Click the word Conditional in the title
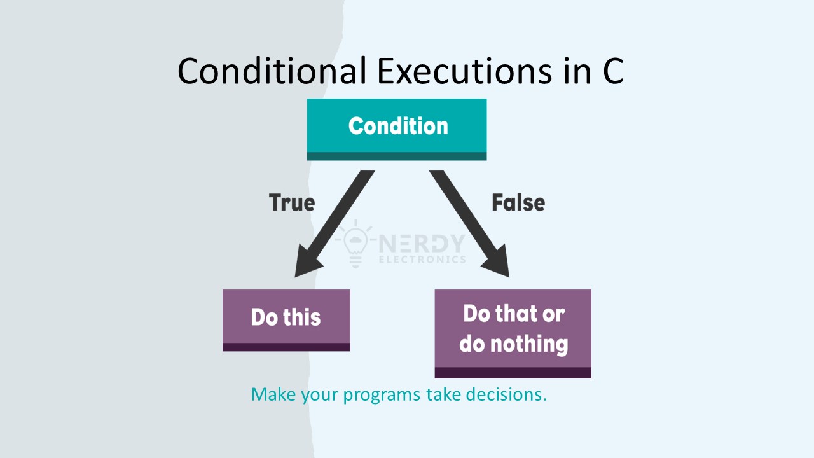[272, 71]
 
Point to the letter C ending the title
[614, 71]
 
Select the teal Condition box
[397, 129]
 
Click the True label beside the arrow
[292, 202]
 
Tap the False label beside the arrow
[518, 202]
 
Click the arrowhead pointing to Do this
[308, 261]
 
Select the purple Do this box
[286, 320]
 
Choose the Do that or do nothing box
[513, 334]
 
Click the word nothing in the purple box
[530, 344]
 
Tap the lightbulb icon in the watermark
[355, 243]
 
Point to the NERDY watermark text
[422, 243]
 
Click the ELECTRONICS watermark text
[422, 260]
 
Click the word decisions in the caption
[506, 394]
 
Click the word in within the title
[578, 71]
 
